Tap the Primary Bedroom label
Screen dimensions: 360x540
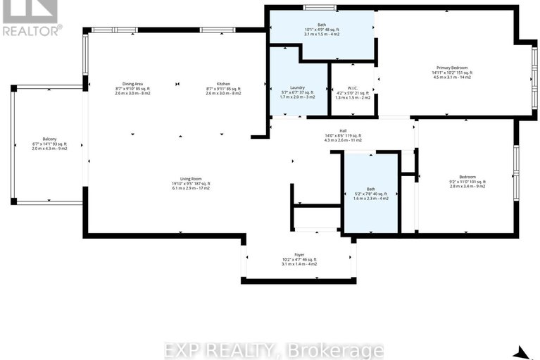coord(452,68)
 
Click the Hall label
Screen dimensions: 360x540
coord(343,130)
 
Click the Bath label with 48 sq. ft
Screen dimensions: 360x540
coord(321,25)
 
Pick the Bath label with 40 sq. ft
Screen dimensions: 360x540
coord(370,189)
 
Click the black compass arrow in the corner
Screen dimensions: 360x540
coord(521,352)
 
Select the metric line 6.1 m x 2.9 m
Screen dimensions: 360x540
coord(191,190)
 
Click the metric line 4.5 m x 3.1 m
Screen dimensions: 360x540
coord(452,77)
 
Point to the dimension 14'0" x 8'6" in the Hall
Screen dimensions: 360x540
coord(343,135)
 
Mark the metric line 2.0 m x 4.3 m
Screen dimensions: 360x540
coord(49,148)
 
